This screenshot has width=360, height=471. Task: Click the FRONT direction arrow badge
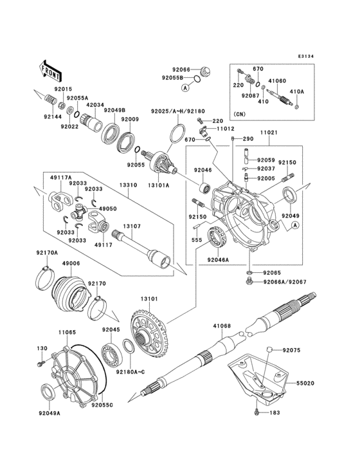coord(51,67)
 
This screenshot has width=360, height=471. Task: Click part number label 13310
coord(129,185)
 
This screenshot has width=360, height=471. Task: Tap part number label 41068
coord(222,326)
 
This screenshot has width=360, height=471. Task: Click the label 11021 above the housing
coord(269,133)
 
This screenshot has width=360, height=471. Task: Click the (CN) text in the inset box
coord(239,115)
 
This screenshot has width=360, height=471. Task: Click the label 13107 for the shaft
coord(132,226)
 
